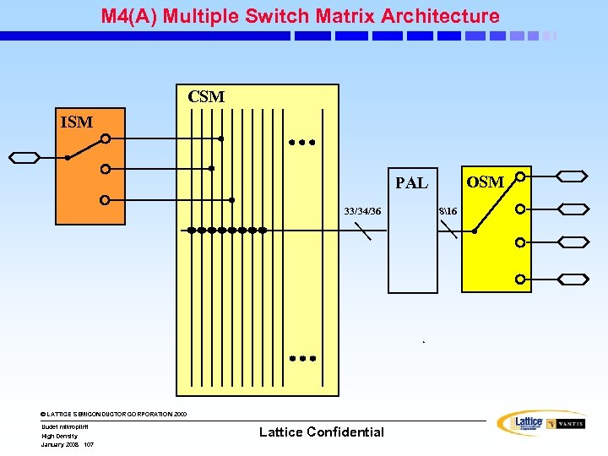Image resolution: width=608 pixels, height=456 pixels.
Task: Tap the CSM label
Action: coord(206,97)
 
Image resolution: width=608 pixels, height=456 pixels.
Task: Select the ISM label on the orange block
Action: coord(77,122)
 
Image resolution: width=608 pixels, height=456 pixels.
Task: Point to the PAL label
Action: coord(411,183)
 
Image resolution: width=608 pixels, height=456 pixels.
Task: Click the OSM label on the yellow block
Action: coord(485,182)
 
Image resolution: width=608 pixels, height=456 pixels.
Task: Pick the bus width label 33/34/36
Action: coord(361,210)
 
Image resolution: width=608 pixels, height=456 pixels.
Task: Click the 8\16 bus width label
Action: coord(447,210)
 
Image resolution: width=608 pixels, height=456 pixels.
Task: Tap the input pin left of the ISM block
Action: coord(24,157)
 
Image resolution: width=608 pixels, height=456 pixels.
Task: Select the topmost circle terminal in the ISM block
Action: coord(105,139)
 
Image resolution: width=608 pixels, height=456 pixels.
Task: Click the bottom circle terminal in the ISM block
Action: coord(105,200)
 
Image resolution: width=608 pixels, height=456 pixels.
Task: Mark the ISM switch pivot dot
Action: coord(67,158)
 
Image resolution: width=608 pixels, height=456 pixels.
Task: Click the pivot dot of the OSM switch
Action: coord(474,231)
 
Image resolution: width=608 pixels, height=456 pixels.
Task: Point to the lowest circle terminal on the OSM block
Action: coord(521,279)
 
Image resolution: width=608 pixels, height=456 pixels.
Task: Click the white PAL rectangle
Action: coord(412,253)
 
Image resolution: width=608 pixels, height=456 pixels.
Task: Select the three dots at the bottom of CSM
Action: coord(301,359)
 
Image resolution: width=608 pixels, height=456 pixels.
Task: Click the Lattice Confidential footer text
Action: coord(321,432)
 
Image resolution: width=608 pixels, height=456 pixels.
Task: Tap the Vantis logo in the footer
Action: coord(566,424)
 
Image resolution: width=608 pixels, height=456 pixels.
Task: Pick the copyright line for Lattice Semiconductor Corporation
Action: coord(114,414)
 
